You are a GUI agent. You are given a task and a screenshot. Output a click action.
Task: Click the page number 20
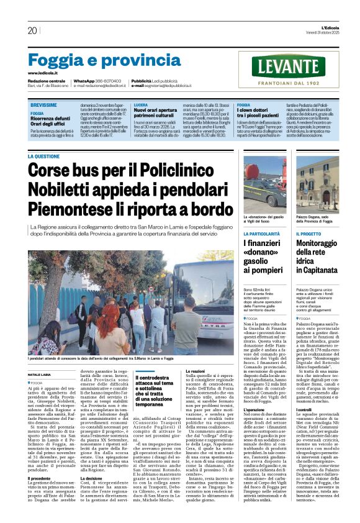tap(32, 30)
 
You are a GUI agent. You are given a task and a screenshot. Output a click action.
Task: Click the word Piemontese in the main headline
tap(76, 209)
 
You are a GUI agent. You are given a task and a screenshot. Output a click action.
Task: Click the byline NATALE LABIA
tap(39, 375)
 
